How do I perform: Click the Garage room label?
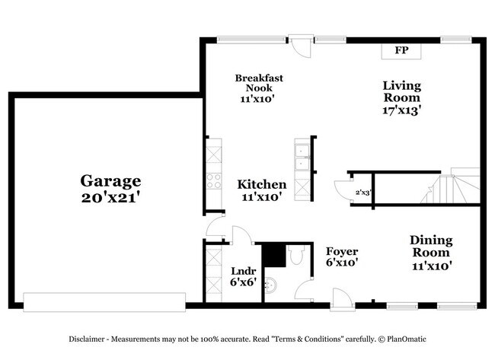point(111,188)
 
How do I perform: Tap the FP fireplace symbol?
point(401,51)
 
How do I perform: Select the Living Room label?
point(401,97)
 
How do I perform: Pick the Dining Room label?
point(431,253)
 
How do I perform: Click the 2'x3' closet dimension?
point(362,193)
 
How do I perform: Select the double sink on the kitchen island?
point(302,156)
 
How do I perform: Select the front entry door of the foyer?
point(341,298)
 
